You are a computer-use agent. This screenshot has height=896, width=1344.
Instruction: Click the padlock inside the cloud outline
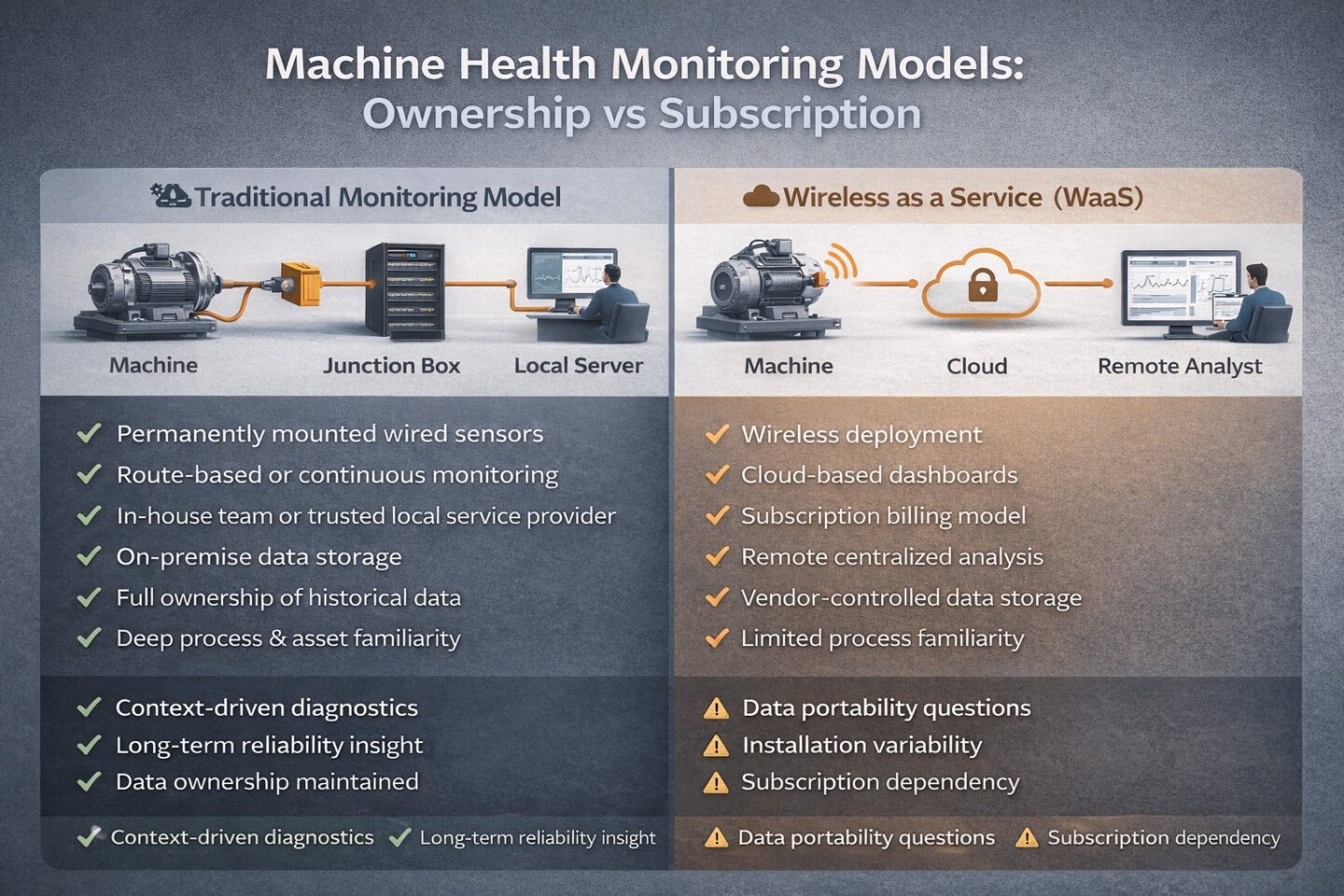[x=982, y=285]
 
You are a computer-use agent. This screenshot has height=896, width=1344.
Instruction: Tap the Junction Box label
[x=392, y=366]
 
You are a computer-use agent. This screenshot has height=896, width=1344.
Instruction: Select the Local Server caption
[x=579, y=366]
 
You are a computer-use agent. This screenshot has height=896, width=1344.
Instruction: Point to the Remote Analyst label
[x=1180, y=366]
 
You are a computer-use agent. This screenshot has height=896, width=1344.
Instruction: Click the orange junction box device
[x=301, y=283]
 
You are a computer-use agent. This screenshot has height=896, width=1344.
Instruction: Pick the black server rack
[x=404, y=290]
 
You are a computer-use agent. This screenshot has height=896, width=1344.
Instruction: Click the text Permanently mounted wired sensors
[x=329, y=434]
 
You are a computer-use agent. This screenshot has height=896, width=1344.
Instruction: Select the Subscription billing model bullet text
[x=883, y=516]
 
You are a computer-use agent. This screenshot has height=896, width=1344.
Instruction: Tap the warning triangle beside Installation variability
[x=716, y=746]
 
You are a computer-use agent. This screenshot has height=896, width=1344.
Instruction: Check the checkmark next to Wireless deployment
[x=717, y=434]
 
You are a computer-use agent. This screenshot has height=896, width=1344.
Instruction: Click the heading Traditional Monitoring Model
[x=377, y=198]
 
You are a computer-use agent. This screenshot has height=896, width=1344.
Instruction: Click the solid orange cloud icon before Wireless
[x=761, y=196]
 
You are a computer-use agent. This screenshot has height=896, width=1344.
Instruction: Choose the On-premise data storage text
[x=259, y=557]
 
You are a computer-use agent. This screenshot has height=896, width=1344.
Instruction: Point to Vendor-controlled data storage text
[x=911, y=598]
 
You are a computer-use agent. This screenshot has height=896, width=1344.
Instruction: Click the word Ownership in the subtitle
[x=476, y=114]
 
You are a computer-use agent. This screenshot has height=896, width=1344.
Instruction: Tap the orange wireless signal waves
[x=841, y=263]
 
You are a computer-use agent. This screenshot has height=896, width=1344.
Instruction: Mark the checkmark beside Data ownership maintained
[x=90, y=782]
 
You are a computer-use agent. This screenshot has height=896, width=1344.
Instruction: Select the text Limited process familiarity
[x=882, y=639]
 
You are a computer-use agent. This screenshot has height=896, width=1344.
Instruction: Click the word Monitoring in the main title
[x=727, y=64]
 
